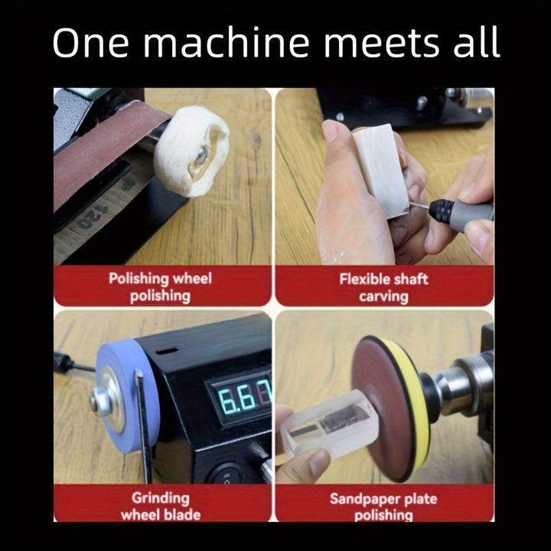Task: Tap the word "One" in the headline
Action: point(90,43)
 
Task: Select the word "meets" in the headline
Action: point(381,43)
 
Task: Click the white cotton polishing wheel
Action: point(191,151)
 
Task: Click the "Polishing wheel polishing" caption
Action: point(160,287)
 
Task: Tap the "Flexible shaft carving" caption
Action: point(383,288)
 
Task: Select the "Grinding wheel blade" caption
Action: point(161,506)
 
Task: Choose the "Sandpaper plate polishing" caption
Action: point(383,507)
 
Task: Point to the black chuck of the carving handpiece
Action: point(442,210)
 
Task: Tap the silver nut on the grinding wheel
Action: point(99,400)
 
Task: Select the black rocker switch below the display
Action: point(225,474)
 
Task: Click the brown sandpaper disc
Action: point(381,407)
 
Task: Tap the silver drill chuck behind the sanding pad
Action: point(464,386)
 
